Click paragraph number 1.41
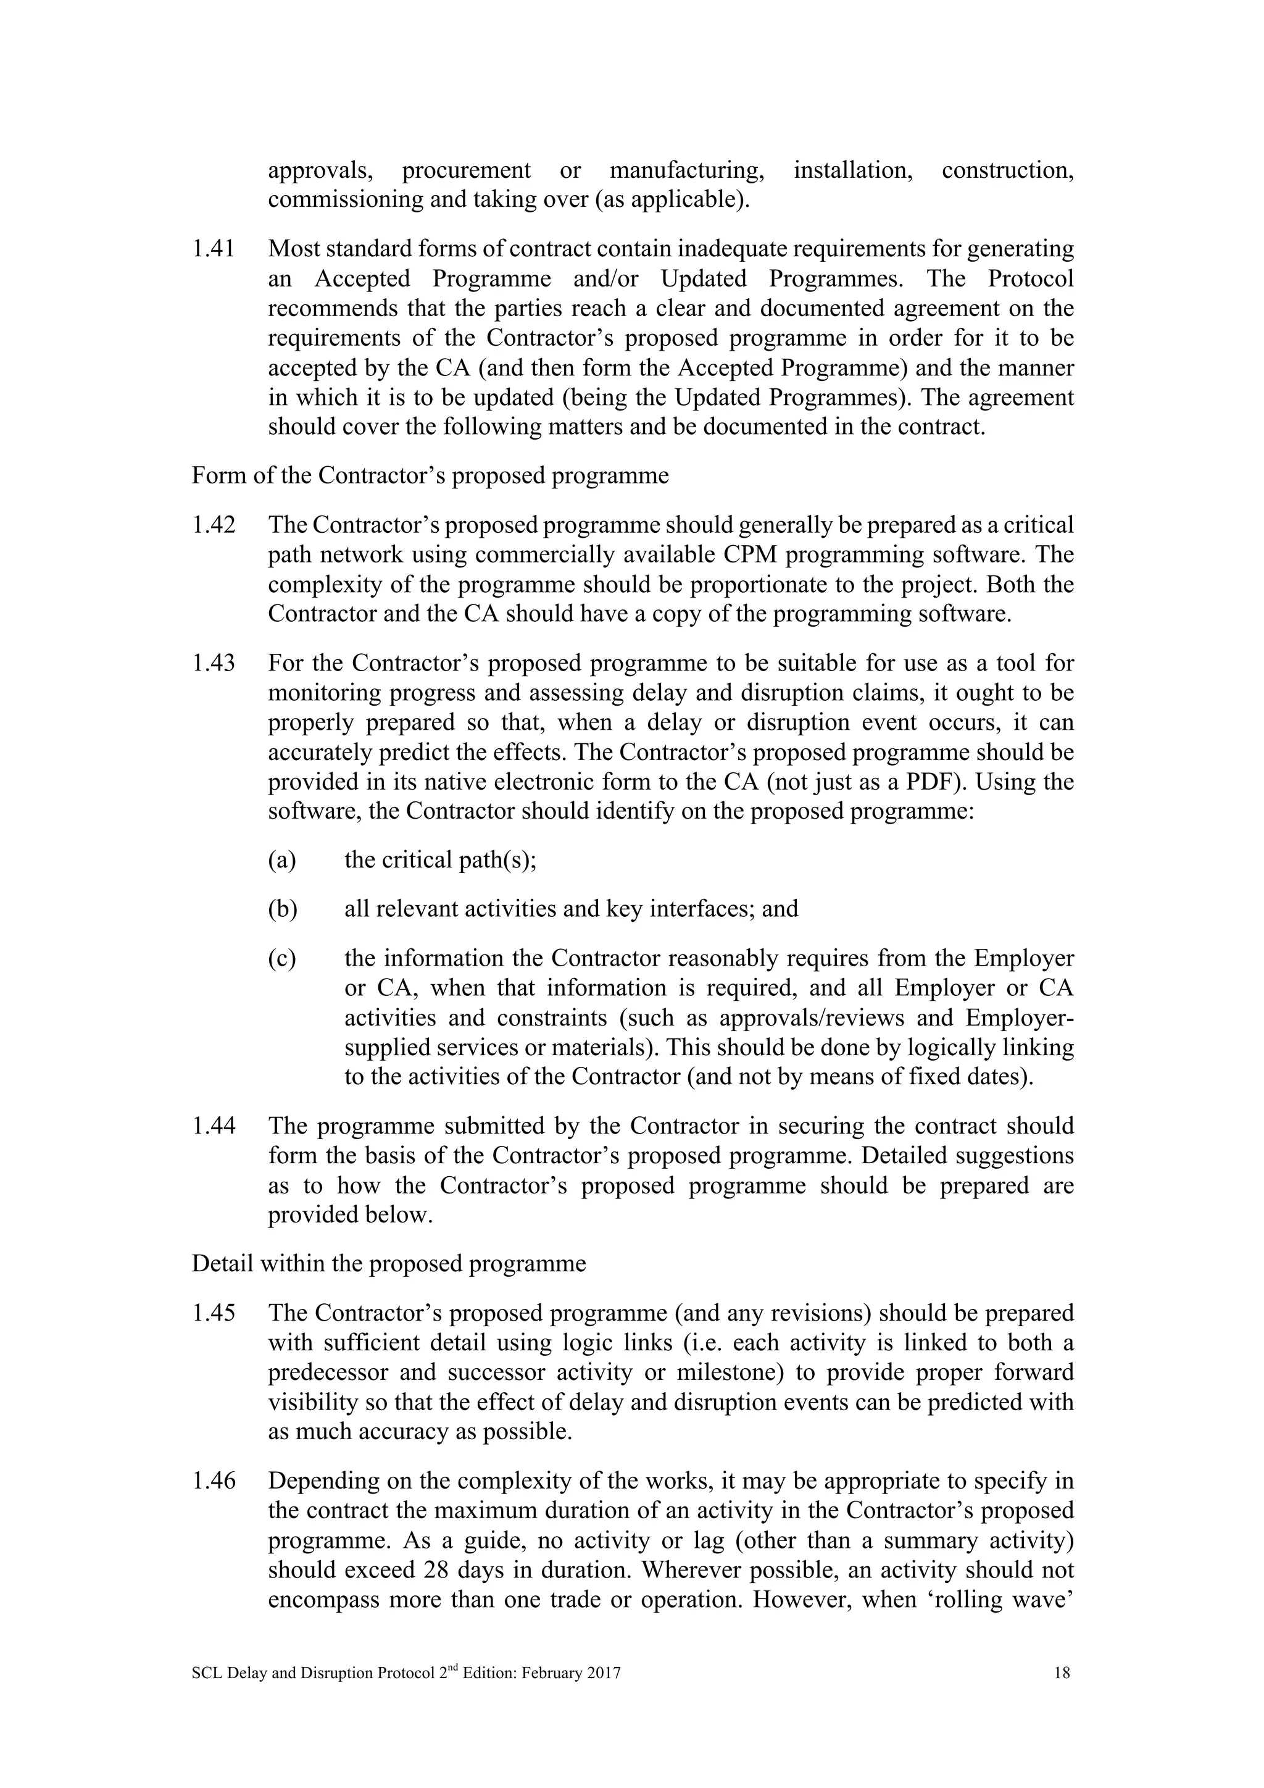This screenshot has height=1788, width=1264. click(214, 249)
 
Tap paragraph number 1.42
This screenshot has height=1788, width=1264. click(214, 525)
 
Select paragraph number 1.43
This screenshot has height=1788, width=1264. click(214, 664)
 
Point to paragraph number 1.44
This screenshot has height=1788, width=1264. click(214, 1126)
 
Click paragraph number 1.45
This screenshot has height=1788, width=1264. click(214, 1313)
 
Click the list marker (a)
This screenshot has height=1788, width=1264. click(283, 860)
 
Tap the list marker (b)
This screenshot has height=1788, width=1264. click(283, 909)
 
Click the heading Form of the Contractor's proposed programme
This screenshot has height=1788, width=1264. click(430, 476)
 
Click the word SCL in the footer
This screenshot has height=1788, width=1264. click(207, 1673)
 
